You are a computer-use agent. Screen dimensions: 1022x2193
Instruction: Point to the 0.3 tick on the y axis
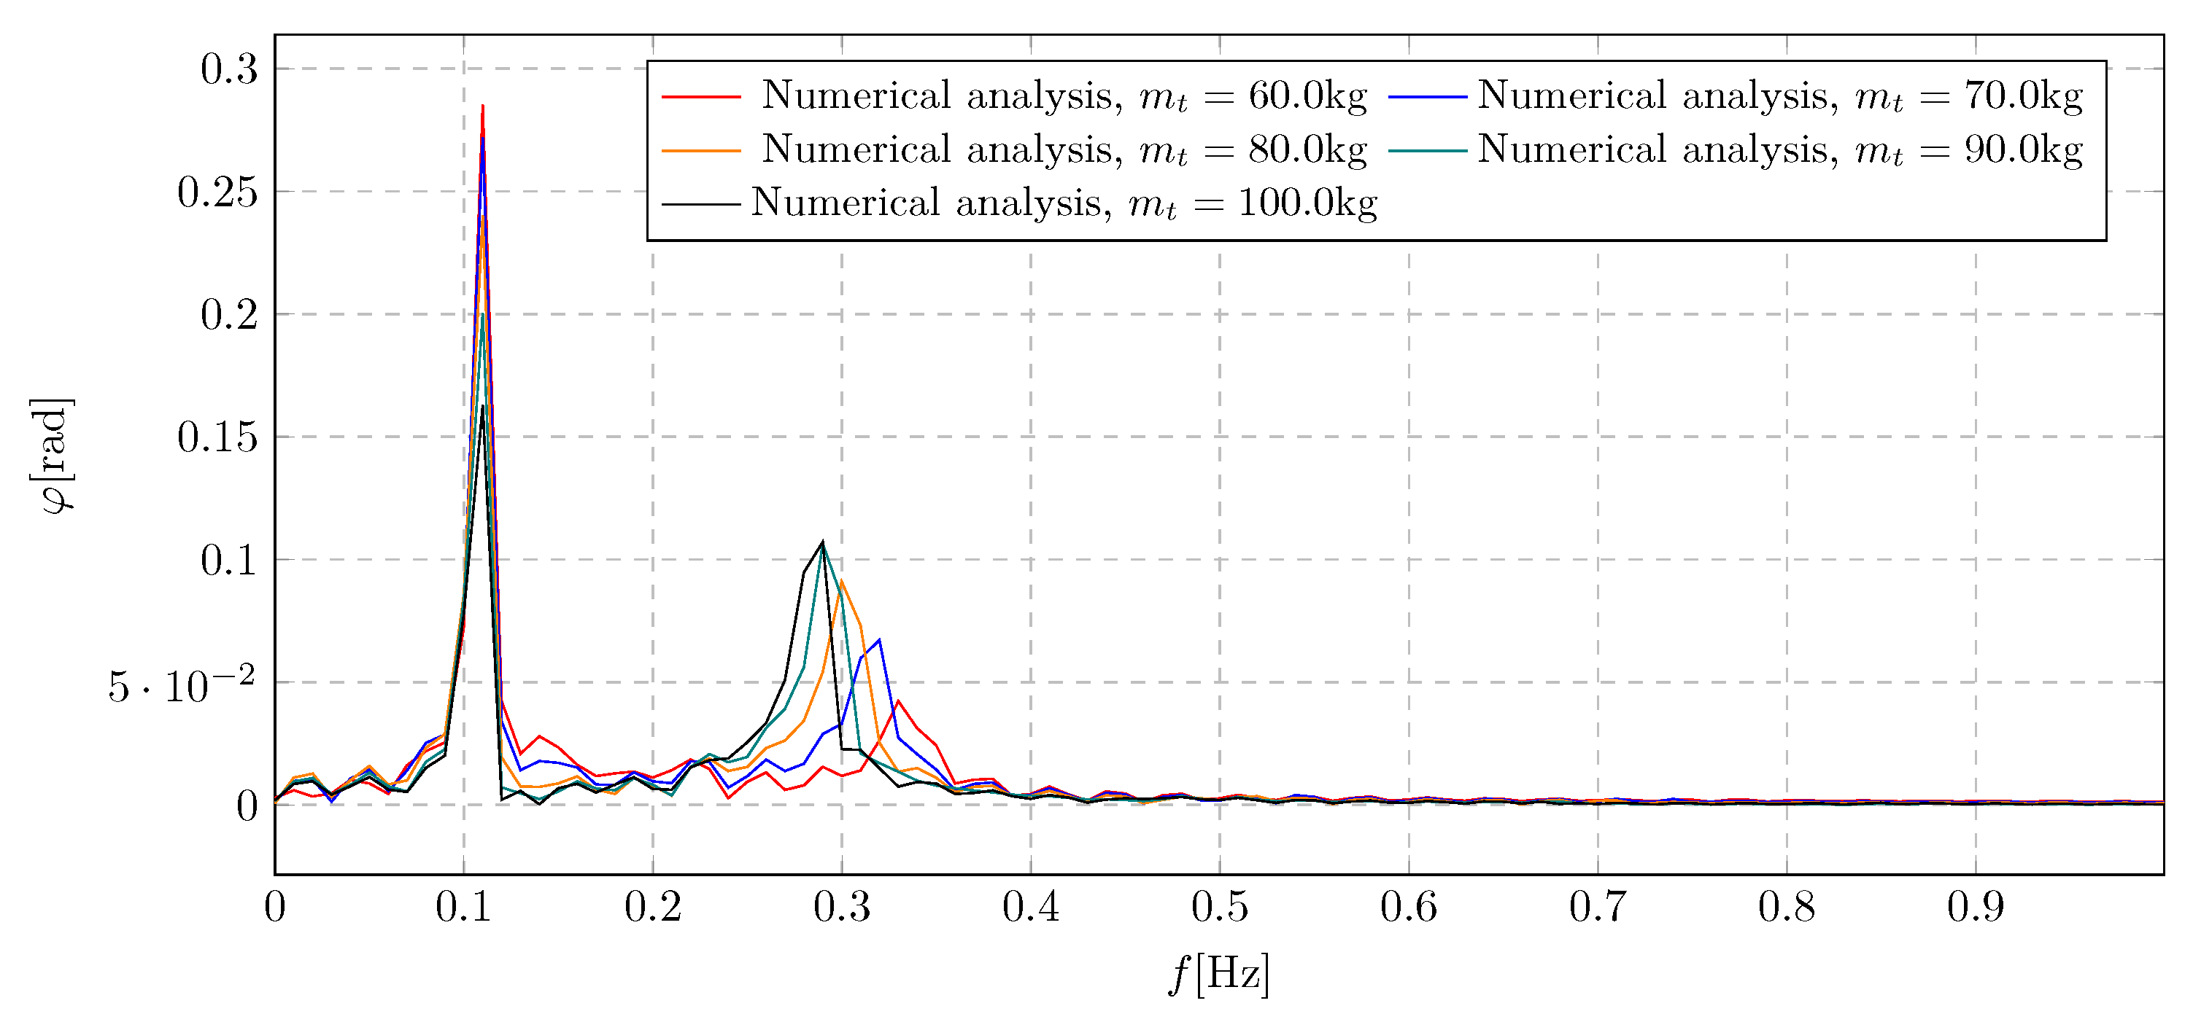click(229, 69)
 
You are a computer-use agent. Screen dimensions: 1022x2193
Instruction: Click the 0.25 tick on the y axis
click(217, 192)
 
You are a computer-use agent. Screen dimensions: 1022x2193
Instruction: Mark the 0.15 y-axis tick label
click(217, 437)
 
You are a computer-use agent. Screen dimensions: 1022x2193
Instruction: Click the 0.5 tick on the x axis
click(1219, 907)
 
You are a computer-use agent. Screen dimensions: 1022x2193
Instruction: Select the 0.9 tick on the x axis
click(1975, 907)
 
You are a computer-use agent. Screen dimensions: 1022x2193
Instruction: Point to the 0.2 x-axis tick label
click(653, 907)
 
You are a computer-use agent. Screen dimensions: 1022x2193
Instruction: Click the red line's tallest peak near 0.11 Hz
click(483, 106)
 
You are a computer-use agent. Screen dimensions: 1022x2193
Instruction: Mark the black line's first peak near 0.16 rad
click(483, 406)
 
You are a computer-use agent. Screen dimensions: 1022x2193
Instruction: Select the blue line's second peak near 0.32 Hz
click(878, 640)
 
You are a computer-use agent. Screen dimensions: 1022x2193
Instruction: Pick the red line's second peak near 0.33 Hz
click(898, 701)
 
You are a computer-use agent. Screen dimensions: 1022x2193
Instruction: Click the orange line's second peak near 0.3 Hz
click(841, 581)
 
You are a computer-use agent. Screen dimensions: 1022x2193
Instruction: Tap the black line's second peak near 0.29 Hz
click(822, 542)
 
